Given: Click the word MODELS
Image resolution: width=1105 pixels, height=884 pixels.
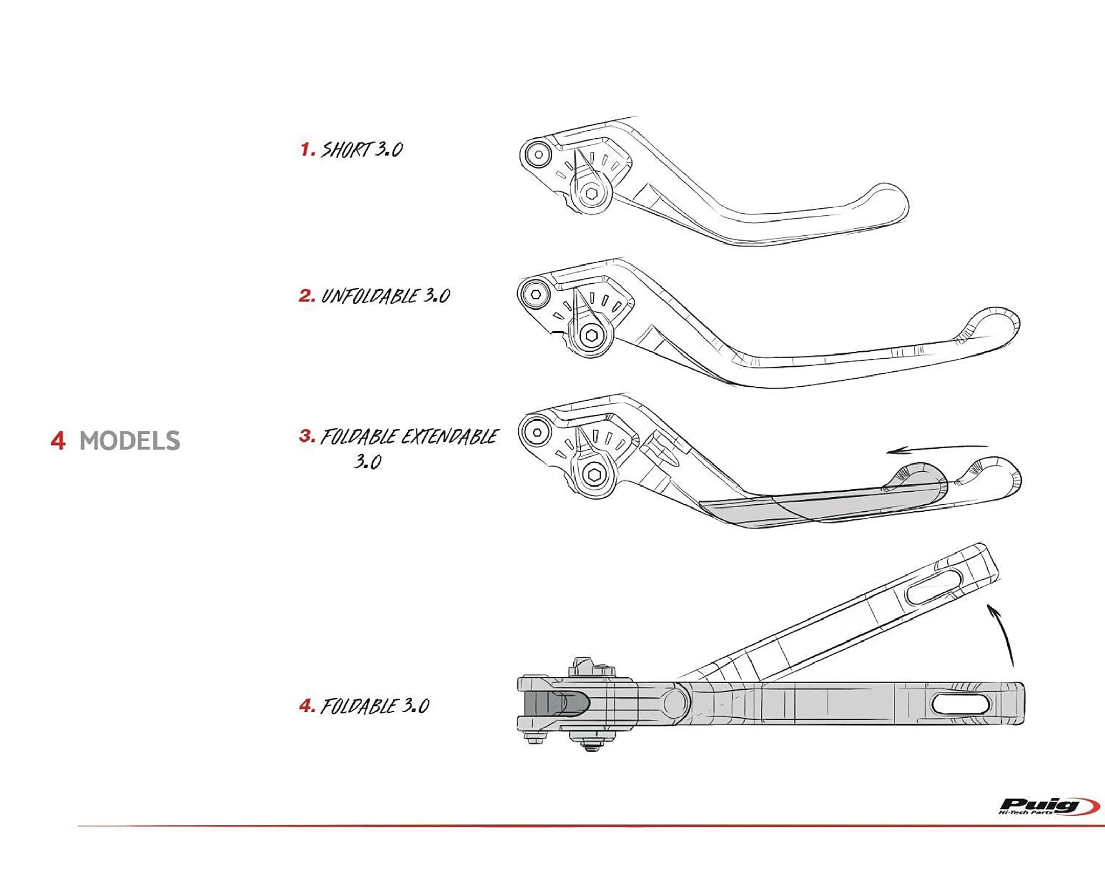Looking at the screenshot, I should click(x=129, y=441).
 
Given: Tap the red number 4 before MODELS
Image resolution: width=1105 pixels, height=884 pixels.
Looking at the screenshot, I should click(x=58, y=441).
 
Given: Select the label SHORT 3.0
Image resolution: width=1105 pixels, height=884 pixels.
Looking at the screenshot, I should click(x=362, y=150).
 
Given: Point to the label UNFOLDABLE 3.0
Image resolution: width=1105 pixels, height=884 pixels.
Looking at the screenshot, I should click(x=385, y=296).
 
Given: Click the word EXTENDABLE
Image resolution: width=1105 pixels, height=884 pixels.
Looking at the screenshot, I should click(x=450, y=436).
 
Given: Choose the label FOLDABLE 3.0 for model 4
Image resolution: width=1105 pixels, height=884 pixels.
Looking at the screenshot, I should click(x=374, y=706).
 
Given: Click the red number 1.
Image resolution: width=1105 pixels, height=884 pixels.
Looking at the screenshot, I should click(x=307, y=150).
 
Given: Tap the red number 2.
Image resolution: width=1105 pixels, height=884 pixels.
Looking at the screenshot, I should click(x=307, y=296).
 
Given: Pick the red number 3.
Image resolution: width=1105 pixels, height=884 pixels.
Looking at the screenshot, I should click(x=307, y=436).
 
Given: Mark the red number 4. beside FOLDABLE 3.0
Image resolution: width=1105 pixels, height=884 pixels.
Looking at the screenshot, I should click(x=307, y=706).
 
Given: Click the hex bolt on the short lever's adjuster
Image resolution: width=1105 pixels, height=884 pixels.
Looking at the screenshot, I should click(x=591, y=194).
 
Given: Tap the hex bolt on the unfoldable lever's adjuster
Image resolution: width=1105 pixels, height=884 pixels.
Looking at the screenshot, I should click(x=591, y=336).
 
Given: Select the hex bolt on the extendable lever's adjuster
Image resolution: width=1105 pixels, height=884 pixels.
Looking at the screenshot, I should click(x=594, y=475).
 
